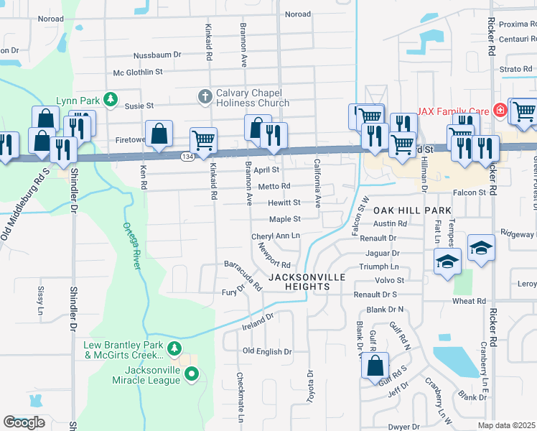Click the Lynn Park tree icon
(x=110, y=99)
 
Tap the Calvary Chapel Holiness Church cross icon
(x=205, y=96)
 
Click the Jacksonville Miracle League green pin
(x=192, y=374)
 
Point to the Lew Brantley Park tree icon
(x=174, y=349)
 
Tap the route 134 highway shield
(x=187, y=157)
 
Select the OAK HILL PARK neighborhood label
(x=412, y=210)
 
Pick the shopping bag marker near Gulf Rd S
(x=375, y=366)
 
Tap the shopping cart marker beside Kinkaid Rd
(x=204, y=141)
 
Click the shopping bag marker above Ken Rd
(x=159, y=133)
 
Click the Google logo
(x=24, y=422)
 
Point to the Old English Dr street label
(x=267, y=351)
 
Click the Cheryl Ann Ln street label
(x=275, y=236)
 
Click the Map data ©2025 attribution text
(x=507, y=425)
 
